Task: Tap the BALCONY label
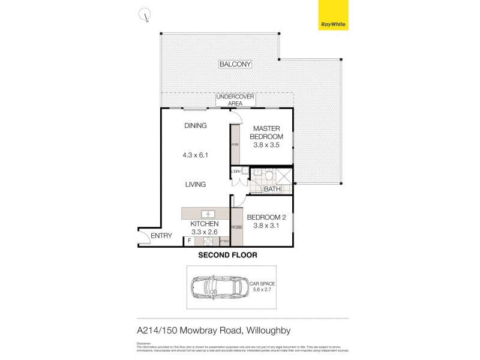(235, 64)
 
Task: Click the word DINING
(196, 126)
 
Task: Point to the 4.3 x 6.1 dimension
(196, 155)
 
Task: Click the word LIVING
(196, 184)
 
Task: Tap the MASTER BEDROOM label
(267, 132)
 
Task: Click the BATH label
(273, 190)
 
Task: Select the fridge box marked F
(190, 241)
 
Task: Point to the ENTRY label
(161, 236)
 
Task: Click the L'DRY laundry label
(235, 172)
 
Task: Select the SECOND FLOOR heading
(227, 255)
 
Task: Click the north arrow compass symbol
(144, 15)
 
